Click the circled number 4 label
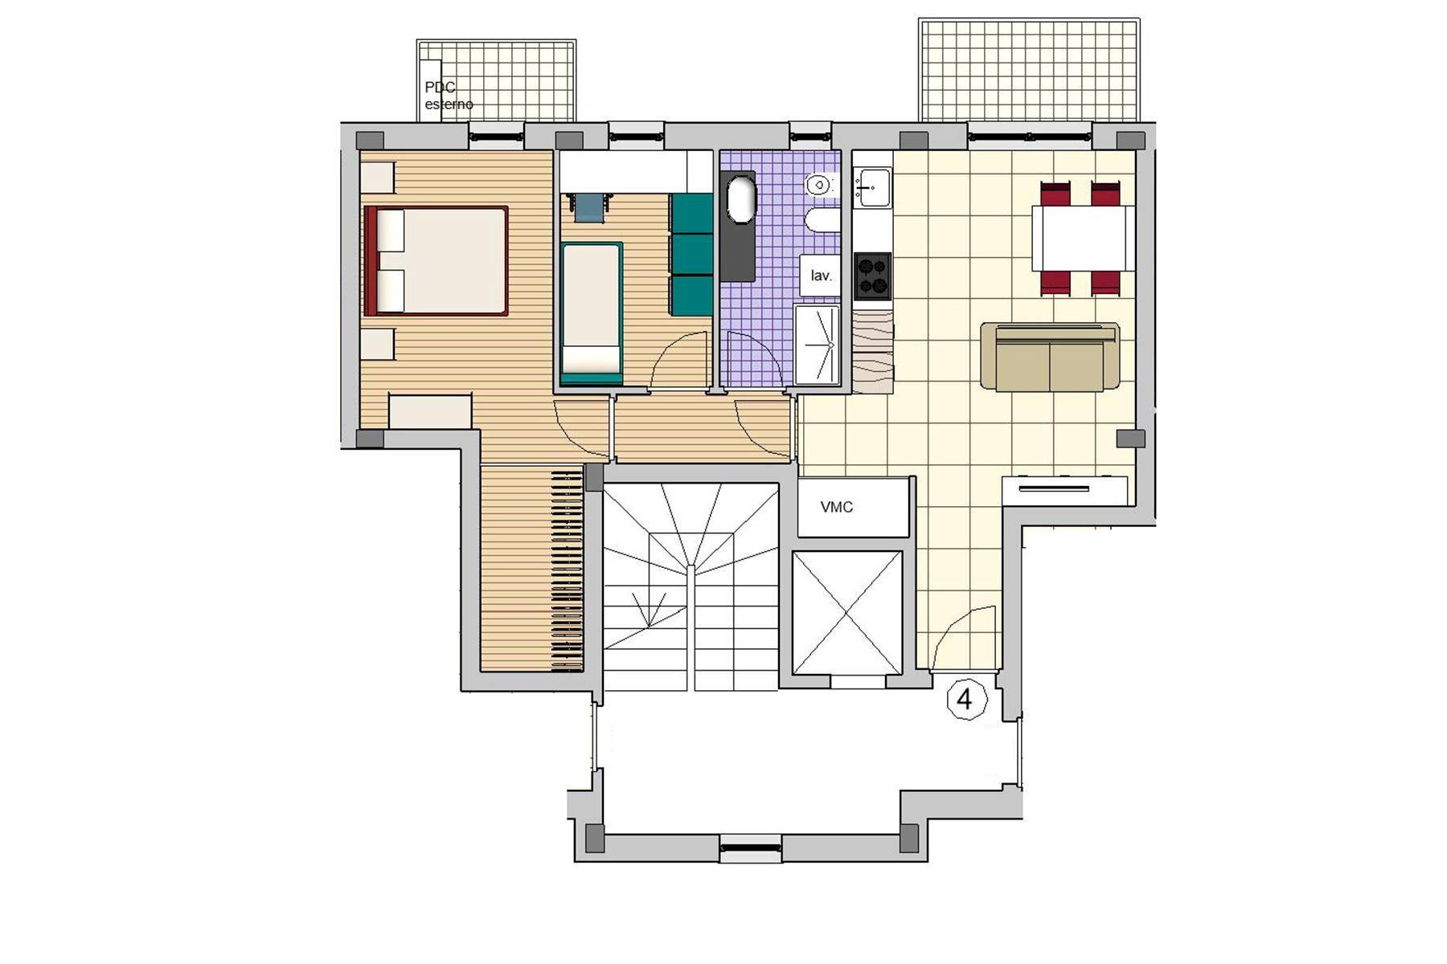(965, 700)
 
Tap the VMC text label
(836, 508)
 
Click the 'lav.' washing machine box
(820, 276)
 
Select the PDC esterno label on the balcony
(448, 96)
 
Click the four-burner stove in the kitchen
(872, 276)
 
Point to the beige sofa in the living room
(1050, 357)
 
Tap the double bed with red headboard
(436, 260)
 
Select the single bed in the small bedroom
(592, 313)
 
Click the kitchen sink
(872, 187)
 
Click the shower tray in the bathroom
(817, 345)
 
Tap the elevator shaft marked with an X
(847, 613)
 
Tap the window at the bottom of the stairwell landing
(750, 849)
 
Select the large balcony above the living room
(1029, 71)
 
